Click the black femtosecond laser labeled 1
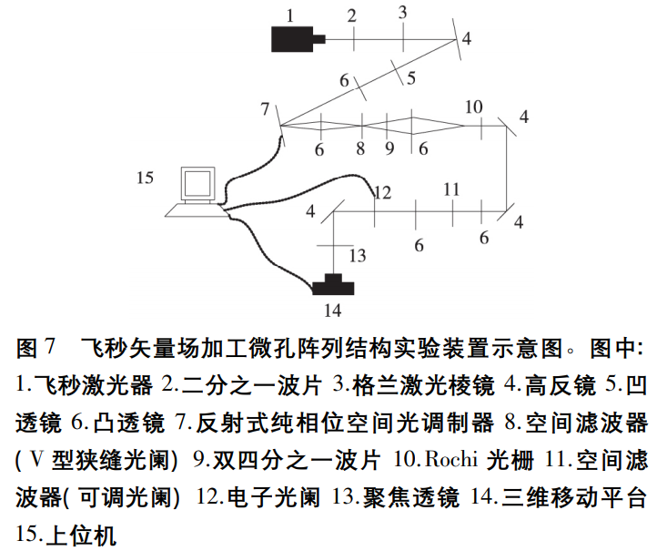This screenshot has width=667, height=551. (294, 37)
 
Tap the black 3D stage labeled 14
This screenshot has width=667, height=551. (334, 286)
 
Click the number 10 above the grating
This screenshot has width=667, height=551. (473, 107)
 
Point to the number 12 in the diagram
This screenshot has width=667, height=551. (382, 193)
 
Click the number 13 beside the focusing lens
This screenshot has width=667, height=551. (358, 256)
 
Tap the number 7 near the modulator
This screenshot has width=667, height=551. (265, 109)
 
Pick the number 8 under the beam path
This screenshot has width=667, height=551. (360, 148)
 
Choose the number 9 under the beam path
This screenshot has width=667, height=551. (389, 148)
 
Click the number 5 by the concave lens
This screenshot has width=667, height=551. (411, 77)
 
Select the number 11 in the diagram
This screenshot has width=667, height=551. (450, 189)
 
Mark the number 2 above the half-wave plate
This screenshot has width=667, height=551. (351, 15)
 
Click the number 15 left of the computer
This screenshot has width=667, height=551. (146, 178)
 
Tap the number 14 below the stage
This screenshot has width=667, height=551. (333, 311)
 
